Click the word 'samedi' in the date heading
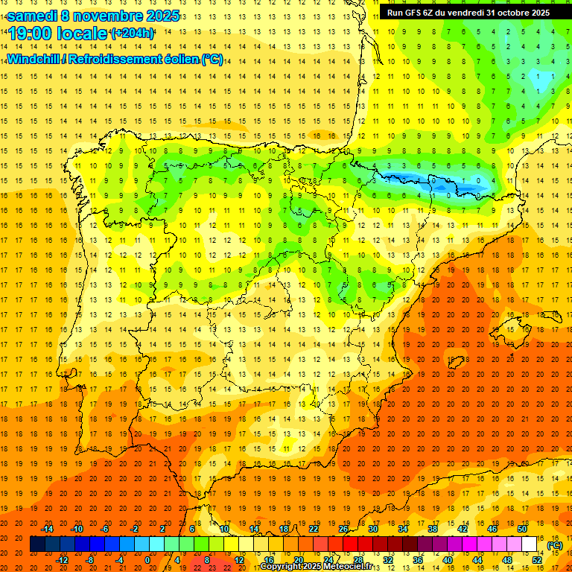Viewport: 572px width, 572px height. coord(32,16)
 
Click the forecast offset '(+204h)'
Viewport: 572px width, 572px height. coord(132,34)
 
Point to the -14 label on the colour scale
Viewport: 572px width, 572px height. coord(47,529)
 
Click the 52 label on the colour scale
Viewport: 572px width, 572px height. coord(537,560)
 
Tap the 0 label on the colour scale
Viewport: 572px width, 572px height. coord(147,560)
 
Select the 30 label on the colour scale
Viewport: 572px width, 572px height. coord(373,529)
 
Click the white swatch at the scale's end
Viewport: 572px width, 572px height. coord(530,544)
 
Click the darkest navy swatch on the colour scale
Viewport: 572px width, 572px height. coord(36,544)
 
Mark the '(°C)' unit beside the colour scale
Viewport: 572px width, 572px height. coord(555,544)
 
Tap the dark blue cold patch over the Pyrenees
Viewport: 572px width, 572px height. coord(402,178)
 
